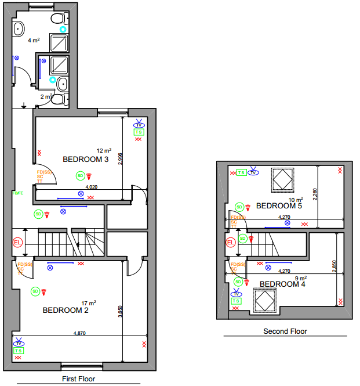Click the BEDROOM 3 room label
click(86, 160)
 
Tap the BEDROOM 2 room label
click(66, 311)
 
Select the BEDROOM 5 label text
click(279, 205)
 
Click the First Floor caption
click(78, 379)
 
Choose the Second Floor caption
click(285, 331)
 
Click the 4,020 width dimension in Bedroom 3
click(91, 187)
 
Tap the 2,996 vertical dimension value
click(119, 160)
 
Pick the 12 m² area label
click(104, 150)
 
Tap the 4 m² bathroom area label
click(33, 41)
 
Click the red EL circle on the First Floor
click(17, 242)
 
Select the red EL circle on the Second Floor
click(231, 242)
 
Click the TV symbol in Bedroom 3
click(139, 124)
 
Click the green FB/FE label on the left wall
click(17, 193)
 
